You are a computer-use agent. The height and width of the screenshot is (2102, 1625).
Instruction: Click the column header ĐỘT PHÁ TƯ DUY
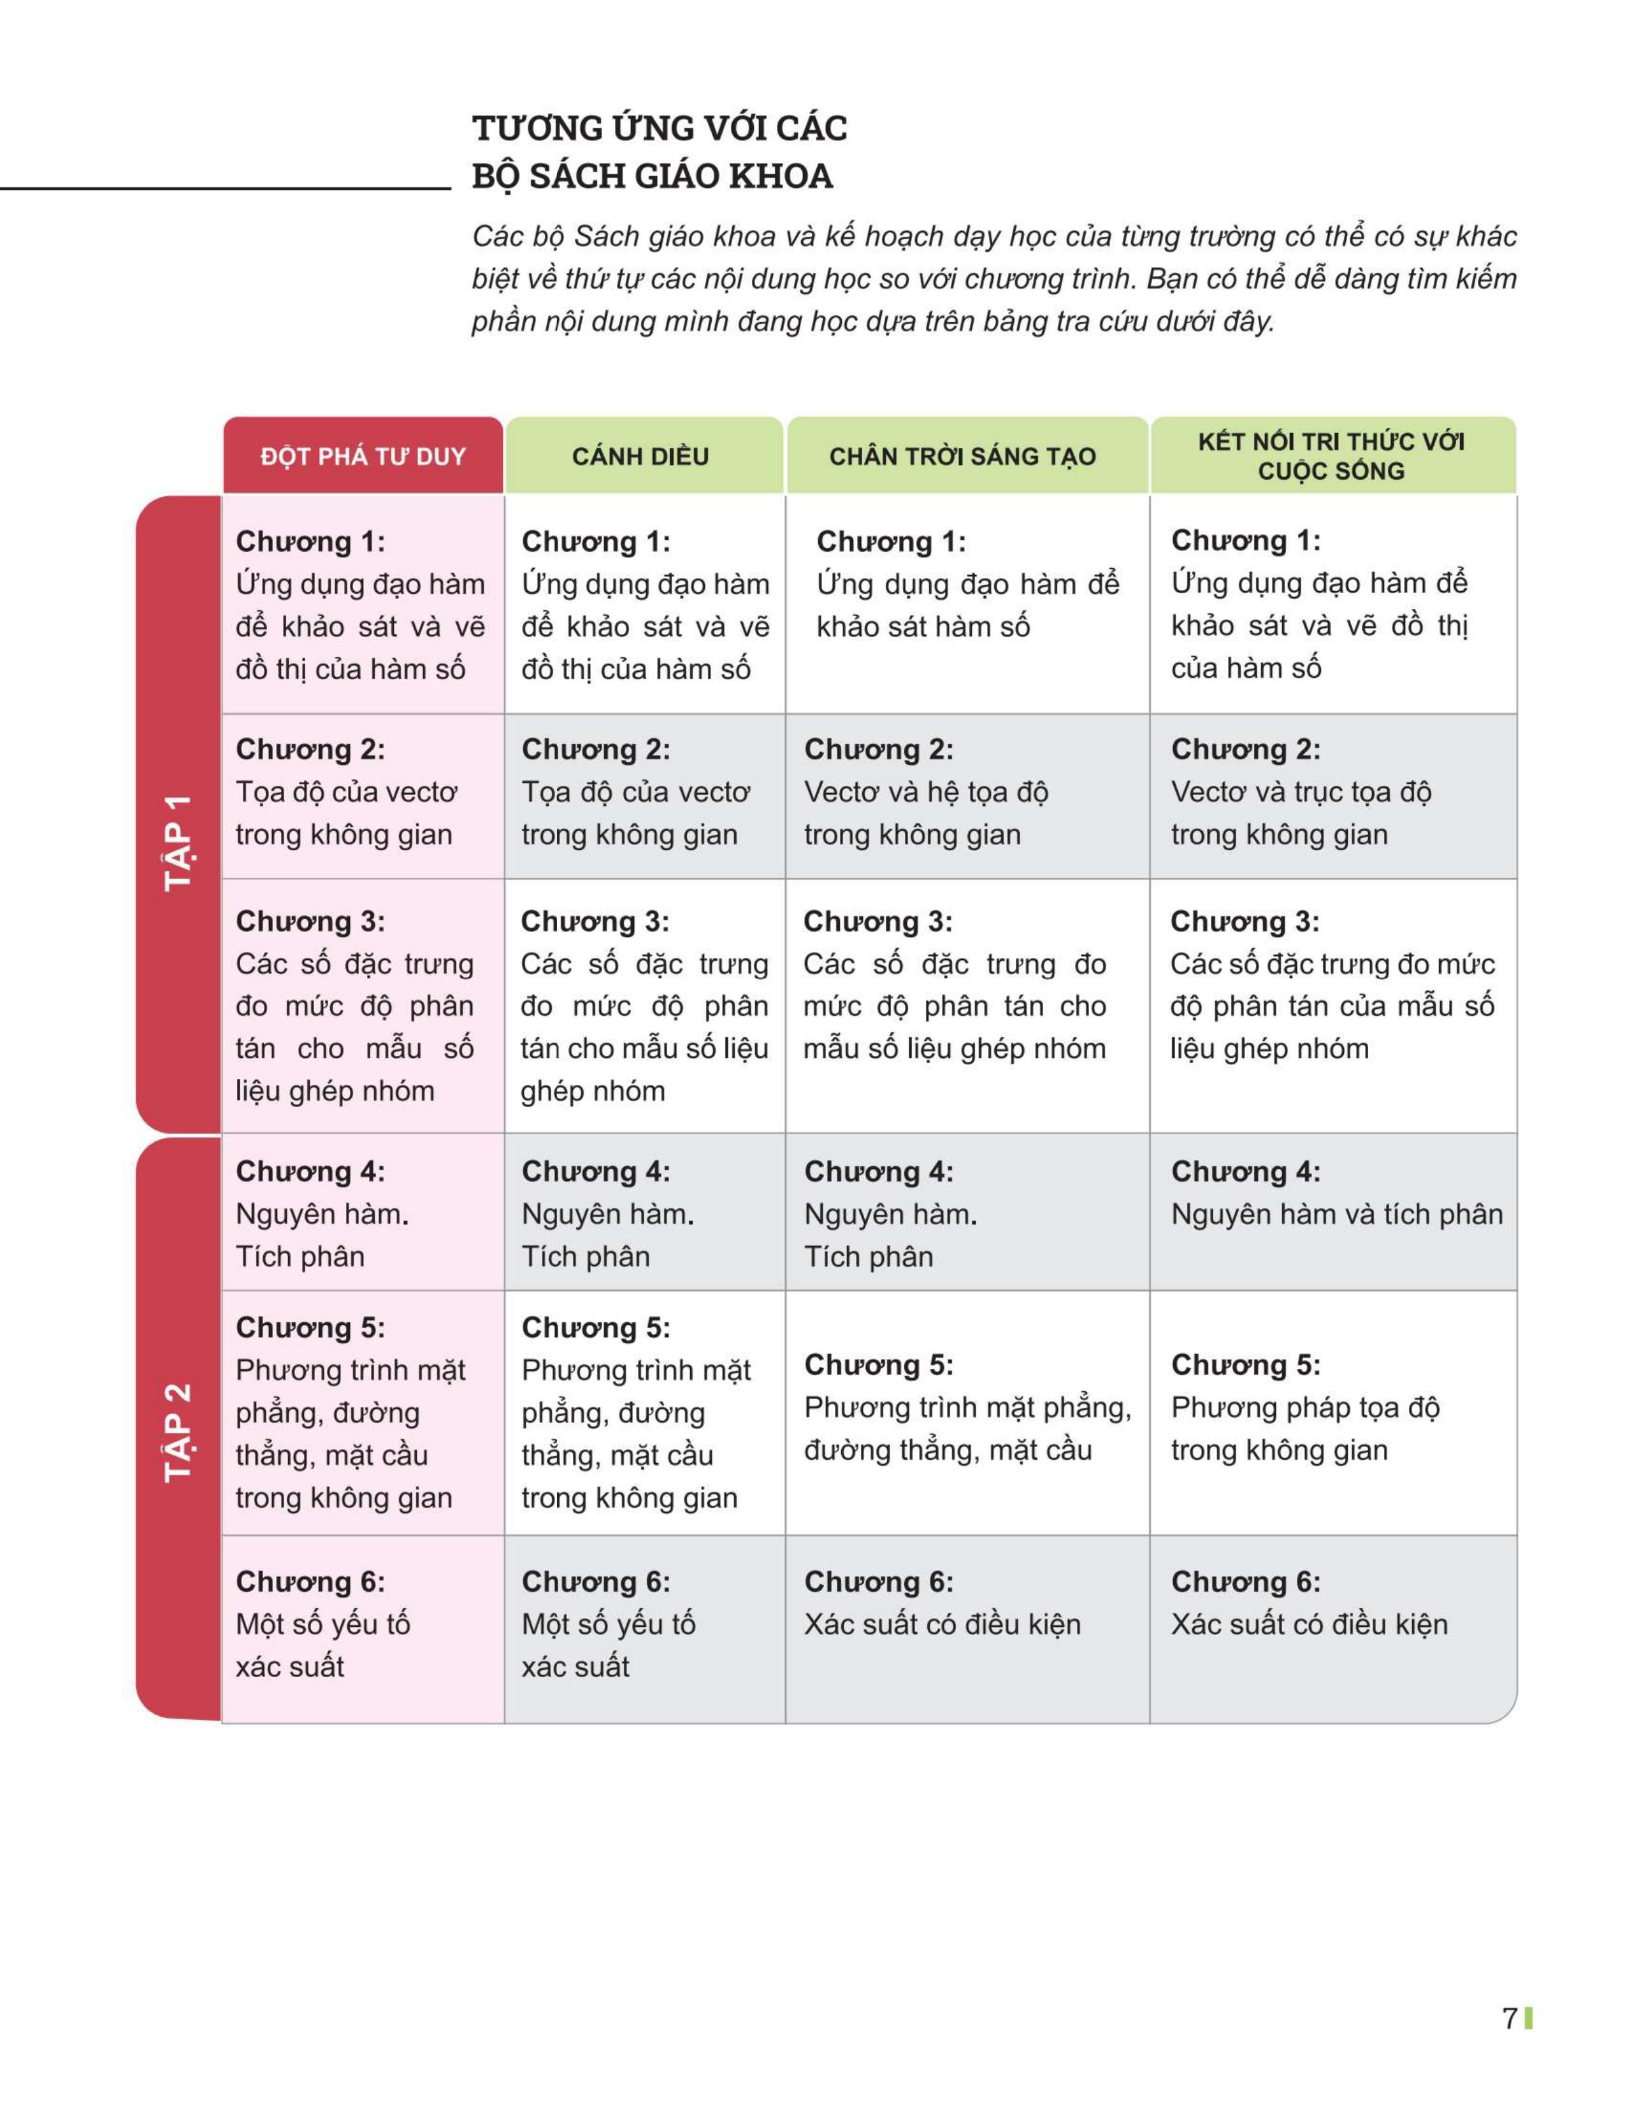point(363,455)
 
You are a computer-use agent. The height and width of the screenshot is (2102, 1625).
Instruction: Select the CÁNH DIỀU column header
point(640,455)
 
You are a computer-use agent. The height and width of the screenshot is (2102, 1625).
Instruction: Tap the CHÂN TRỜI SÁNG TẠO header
point(963,455)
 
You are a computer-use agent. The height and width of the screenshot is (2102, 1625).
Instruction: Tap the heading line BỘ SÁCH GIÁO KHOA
point(652,176)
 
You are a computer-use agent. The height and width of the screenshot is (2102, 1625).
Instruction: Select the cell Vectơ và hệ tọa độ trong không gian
point(967,795)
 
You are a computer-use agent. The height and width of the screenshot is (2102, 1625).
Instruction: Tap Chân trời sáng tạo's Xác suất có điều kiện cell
point(967,1627)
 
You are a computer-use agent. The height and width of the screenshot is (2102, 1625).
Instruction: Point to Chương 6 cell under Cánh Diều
point(644,1627)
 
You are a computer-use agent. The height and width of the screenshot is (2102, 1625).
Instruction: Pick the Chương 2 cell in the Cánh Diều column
point(644,795)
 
